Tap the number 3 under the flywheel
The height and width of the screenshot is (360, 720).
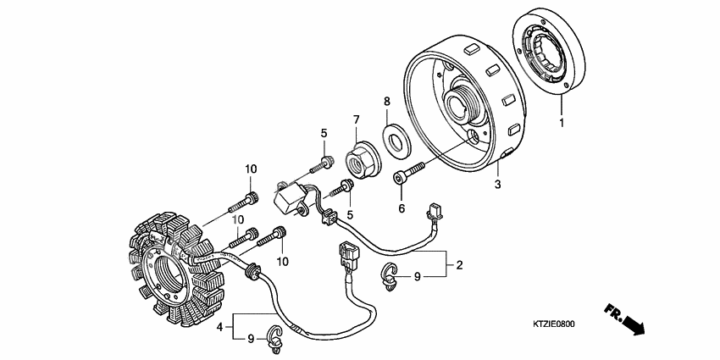tap(498, 184)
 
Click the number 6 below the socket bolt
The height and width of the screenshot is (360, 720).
tap(402, 208)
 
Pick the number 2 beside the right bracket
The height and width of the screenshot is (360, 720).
tap(459, 265)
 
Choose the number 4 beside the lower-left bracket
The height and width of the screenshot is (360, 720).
tap(219, 326)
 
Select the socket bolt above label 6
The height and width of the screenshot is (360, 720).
tap(407, 175)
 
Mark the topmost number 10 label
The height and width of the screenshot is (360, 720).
tap(251, 169)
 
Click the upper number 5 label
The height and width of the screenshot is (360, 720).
tap(323, 133)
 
